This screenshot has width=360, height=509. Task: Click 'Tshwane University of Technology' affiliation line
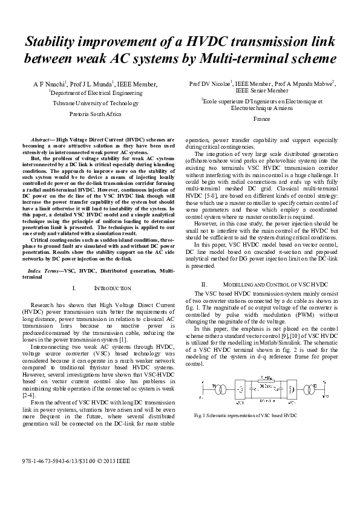tap(96, 103)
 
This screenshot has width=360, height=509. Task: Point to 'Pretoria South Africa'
tap(96, 114)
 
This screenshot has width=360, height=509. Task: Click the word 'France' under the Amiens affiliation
tap(261, 120)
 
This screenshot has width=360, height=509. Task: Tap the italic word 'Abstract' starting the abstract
tap(42, 139)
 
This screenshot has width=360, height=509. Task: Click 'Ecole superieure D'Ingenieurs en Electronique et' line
tap(262, 102)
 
